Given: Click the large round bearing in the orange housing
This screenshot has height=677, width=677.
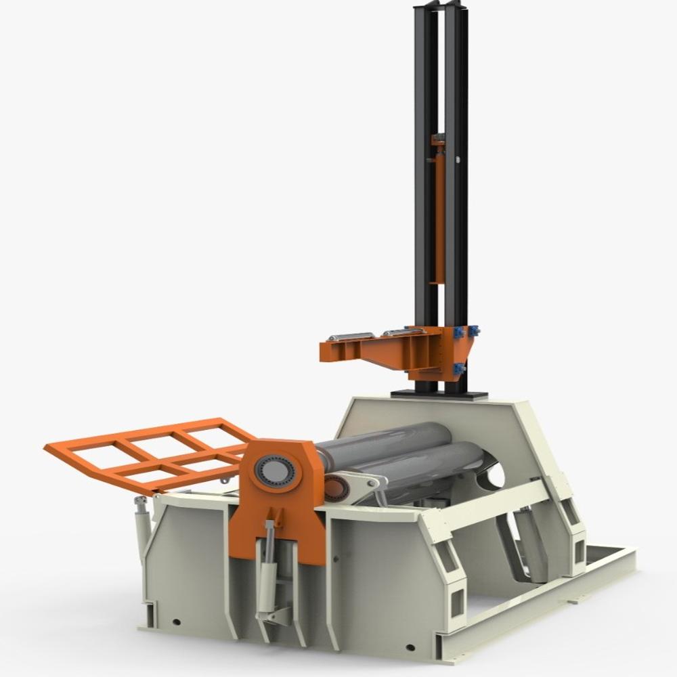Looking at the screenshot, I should click(275, 470).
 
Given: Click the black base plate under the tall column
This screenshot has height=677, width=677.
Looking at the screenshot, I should click(439, 394).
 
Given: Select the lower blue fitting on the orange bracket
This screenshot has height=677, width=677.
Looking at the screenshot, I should click(458, 369).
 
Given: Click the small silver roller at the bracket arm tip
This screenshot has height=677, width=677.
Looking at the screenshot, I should click(350, 336).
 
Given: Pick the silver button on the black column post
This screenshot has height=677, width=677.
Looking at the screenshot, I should click(458, 160).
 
